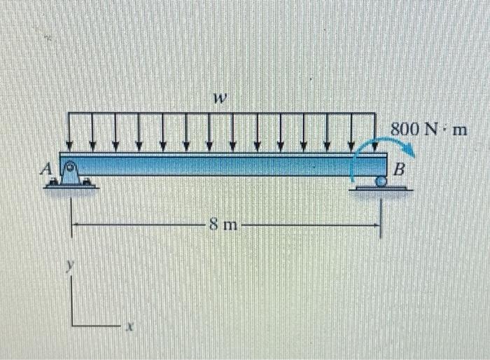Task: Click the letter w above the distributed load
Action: [x=220, y=101]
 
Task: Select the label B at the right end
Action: [x=399, y=169]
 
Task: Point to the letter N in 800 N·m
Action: [x=433, y=130]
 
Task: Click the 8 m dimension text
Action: [x=223, y=226]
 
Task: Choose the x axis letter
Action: [x=129, y=326]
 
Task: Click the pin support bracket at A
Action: [x=71, y=175]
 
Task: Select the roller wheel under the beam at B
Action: [x=380, y=181]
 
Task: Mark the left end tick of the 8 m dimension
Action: [x=72, y=226]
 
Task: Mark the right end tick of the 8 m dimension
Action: [x=380, y=226]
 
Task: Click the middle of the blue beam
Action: [x=224, y=165]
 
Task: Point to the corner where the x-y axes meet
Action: [x=72, y=325]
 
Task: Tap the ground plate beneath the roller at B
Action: [x=381, y=188]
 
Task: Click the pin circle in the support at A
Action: [x=70, y=169]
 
